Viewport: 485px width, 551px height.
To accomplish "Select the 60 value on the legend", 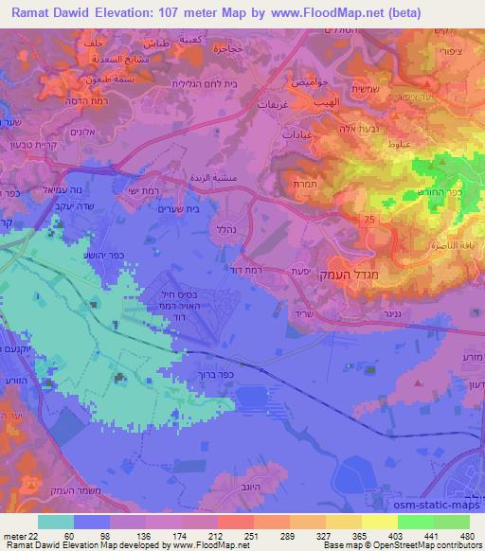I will click(x=69, y=537).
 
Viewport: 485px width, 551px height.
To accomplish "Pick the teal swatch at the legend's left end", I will click(x=55, y=522).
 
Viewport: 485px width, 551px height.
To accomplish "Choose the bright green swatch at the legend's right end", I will click(x=452, y=522).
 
